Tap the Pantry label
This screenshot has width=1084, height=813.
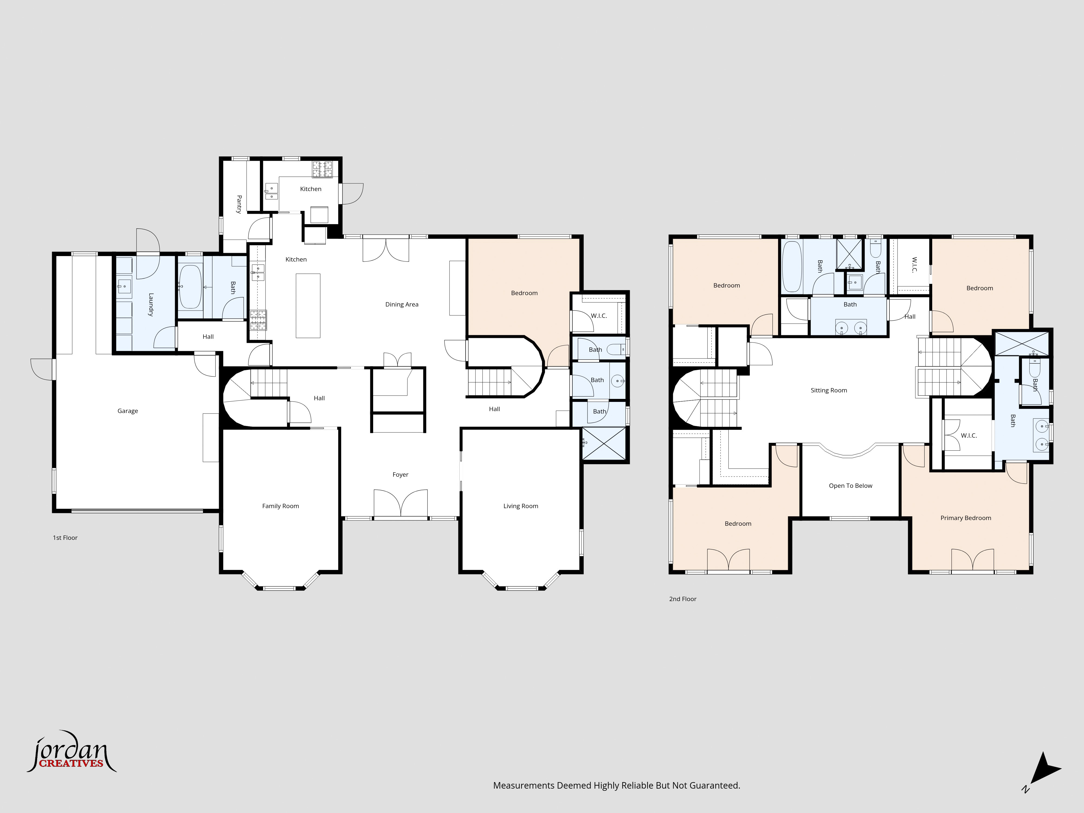point(239,204)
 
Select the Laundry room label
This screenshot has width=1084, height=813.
point(151,305)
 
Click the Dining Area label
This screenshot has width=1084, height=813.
point(402,304)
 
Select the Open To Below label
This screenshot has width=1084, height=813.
point(851,486)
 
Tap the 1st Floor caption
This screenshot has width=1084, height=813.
point(65,538)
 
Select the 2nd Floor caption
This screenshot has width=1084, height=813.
point(683,599)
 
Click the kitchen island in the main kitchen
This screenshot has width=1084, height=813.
point(308,306)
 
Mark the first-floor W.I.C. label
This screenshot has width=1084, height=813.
point(599,316)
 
